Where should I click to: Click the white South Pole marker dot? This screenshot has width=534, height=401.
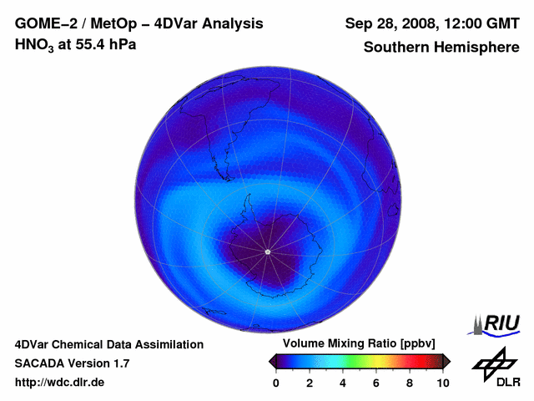pos(267,251)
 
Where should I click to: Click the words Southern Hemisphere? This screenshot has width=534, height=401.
pos(441,48)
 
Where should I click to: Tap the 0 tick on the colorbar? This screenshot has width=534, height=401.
pos(276,383)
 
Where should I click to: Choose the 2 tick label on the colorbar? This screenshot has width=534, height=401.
pos(310,383)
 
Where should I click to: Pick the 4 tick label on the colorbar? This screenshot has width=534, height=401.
pos(343,383)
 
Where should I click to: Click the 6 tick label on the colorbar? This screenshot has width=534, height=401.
pos(376,383)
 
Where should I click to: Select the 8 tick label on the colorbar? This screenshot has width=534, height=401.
pos(410,383)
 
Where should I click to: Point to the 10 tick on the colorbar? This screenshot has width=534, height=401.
pos(442,383)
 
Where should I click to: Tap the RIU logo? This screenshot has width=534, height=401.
pos(497,323)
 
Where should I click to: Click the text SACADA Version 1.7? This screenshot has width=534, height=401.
pos(72,363)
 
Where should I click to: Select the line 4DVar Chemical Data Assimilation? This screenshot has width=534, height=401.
pos(108,344)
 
